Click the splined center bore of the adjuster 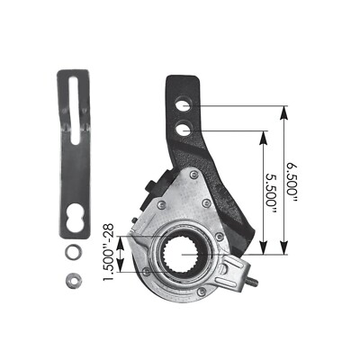tap(185, 254)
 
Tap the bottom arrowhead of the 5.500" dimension tap(264, 251)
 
